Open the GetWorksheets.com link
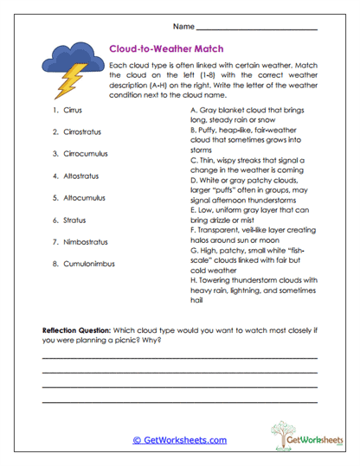(179, 439)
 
